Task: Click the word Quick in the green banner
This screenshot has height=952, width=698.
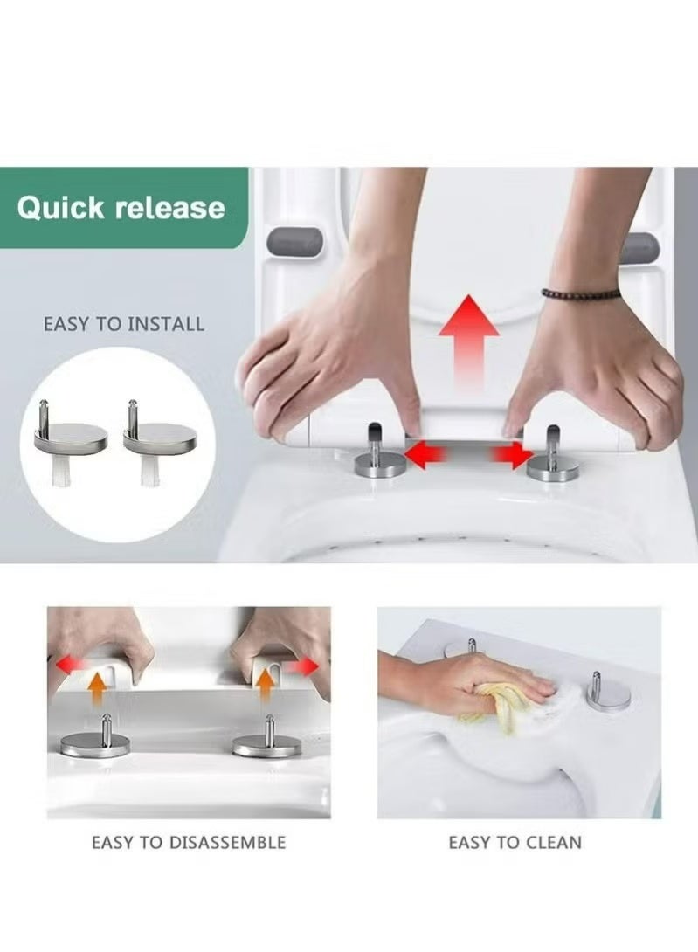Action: [x=61, y=208]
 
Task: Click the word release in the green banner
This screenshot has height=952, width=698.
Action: [x=170, y=208]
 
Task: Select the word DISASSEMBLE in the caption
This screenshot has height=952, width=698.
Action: [x=227, y=843]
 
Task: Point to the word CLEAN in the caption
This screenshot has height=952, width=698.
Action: [x=553, y=843]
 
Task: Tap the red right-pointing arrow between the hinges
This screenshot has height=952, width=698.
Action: [x=512, y=455]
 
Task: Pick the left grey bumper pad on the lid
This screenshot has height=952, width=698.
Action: [x=294, y=242]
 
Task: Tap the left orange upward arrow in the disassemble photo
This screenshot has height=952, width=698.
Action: [x=97, y=689]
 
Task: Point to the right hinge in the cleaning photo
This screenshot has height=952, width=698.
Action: [x=608, y=694]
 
